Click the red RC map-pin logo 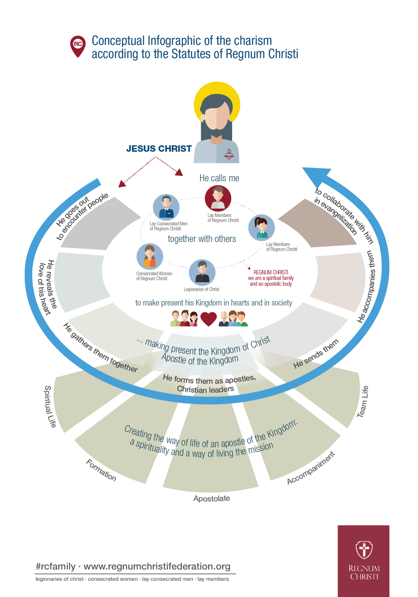point(78,46)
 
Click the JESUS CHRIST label point(159,149)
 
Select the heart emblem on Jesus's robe point(229,155)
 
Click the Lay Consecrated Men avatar point(166,207)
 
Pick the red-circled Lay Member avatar point(218,198)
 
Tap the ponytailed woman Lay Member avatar point(262,228)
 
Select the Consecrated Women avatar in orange point(150,257)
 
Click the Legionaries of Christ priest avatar point(202,272)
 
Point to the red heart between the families point(208,319)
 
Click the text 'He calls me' point(219,178)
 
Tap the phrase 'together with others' point(202,239)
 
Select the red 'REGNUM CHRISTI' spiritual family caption point(271,278)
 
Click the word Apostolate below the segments point(212,499)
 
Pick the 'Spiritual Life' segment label point(50,406)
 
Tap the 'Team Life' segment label point(363,402)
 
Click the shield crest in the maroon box point(364,550)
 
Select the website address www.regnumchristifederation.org point(157,566)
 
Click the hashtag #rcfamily point(56,566)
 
